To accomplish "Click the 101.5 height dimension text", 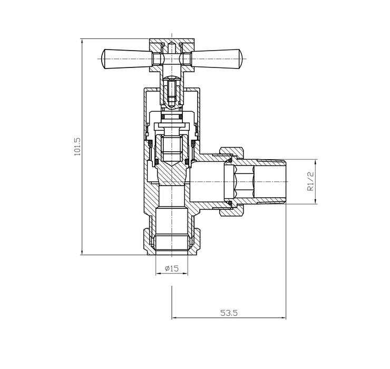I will [x=77, y=147].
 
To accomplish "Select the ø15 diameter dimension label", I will [x=172, y=268].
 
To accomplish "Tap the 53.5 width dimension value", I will [x=229, y=313].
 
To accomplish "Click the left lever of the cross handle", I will [x=124, y=59].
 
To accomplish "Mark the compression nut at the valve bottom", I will [x=172, y=240].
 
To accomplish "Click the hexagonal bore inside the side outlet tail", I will [x=240, y=181].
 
